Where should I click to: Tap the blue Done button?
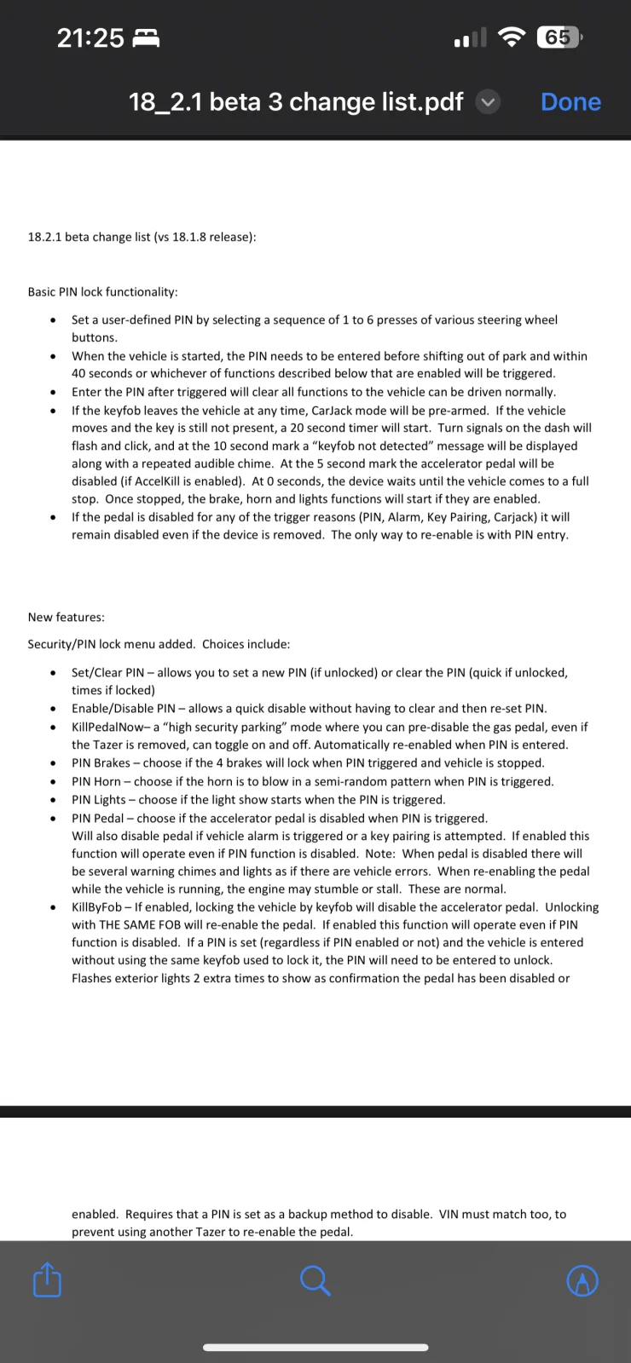[570, 102]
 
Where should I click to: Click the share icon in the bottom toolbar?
[47, 1280]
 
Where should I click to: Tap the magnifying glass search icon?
[315, 1280]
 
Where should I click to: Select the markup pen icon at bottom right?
[582, 1280]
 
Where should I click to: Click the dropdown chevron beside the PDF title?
[488, 102]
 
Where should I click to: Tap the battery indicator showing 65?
[559, 37]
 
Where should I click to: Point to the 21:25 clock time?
[90, 37]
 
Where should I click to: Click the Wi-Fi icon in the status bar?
[512, 37]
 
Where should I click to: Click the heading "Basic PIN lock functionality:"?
[102, 292]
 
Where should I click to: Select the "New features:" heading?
[66, 618]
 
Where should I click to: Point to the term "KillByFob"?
[96, 907]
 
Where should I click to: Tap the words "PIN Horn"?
[96, 781]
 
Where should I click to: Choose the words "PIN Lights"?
[98, 800]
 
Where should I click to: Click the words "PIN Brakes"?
[101, 763]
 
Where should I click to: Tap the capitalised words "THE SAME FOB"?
[139, 925]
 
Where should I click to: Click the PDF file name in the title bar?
[296, 102]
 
